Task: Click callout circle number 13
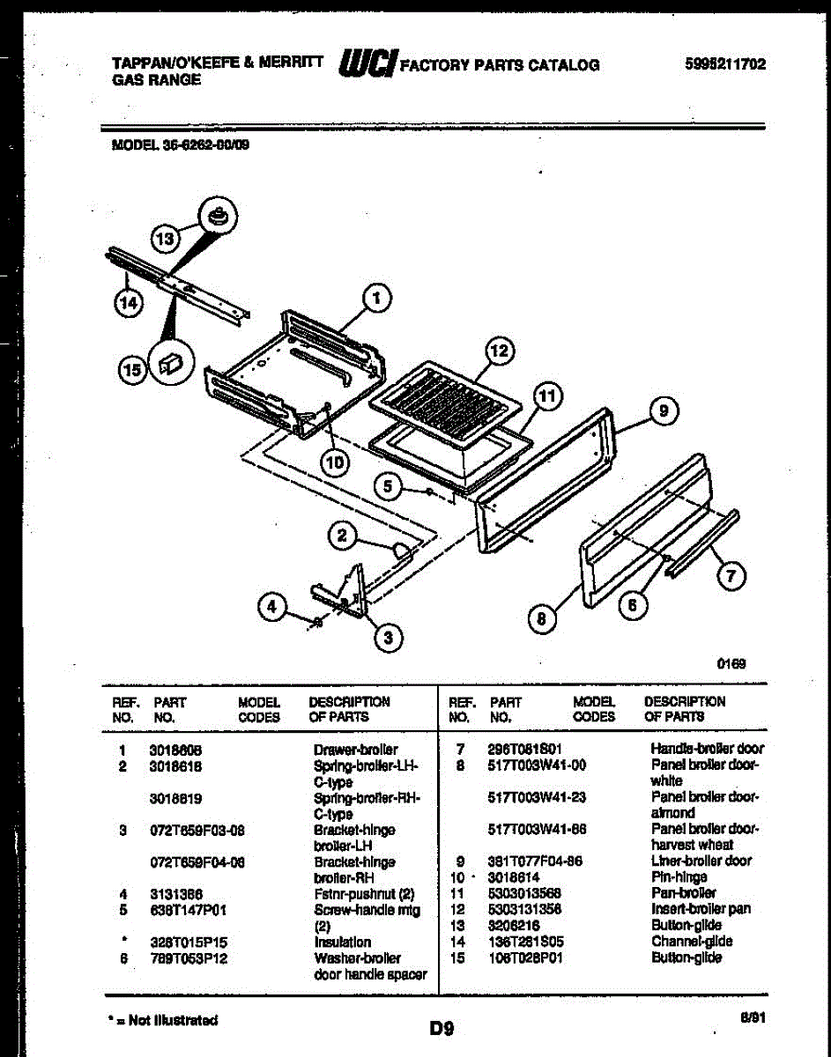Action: pos(167,237)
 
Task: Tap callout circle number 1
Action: pos(377,299)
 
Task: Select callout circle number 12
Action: pos(499,351)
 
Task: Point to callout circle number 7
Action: pos(730,577)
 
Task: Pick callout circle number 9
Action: pos(664,410)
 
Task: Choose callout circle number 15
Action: pos(132,372)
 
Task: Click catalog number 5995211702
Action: pos(724,63)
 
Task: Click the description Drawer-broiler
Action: pos(355,750)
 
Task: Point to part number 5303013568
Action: pos(524,893)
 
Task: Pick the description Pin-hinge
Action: pos(679,877)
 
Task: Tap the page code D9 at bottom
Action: pos(441,1026)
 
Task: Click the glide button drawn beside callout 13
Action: pos(218,214)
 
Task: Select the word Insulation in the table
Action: pos(343,942)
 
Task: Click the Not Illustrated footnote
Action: pos(160,1020)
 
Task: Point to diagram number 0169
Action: pos(733,664)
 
